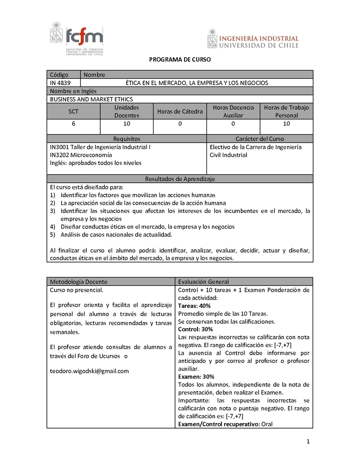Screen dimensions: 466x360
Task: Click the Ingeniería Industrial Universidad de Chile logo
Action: (253, 39)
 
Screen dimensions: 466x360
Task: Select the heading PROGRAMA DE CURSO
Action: (180, 59)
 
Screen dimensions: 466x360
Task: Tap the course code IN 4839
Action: (61, 83)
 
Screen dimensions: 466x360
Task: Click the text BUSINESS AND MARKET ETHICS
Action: (91, 99)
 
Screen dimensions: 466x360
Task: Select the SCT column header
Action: (73, 111)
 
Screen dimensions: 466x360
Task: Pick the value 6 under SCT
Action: (73, 124)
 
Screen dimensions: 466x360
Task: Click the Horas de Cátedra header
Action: (180, 111)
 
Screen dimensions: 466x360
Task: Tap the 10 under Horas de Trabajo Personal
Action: (286, 124)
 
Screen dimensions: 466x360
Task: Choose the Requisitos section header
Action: (126, 139)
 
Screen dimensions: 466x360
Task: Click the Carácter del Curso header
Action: (260, 139)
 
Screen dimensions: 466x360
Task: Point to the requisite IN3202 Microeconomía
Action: (81, 155)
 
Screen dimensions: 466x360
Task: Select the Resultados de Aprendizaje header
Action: (180, 179)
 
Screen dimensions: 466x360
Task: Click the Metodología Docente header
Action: (79, 281)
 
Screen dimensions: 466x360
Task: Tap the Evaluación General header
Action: (203, 281)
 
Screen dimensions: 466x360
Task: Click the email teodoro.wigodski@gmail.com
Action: (90, 371)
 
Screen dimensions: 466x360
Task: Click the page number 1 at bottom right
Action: (308, 442)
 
